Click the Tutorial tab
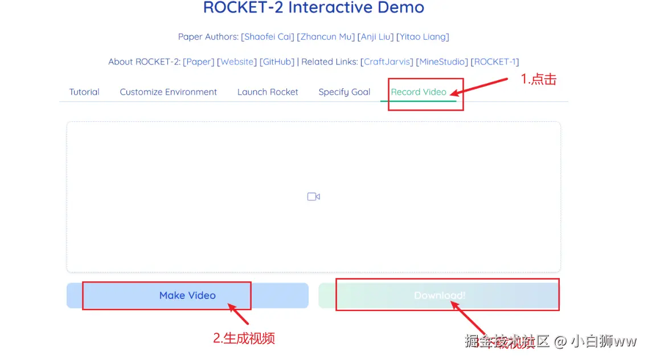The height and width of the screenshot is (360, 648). pyautogui.click(x=84, y=92)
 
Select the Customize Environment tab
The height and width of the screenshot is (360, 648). pyautogui.click(x=168, y=92)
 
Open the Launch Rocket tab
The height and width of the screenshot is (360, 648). pyautogui.click(x=268, y=92)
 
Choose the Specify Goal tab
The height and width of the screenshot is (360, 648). pyautogui.click(x=344, y=92)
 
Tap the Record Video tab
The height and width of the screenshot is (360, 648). pyautogui.click(x=419, y=92)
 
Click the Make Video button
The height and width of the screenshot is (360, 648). pyautogui.click(x=187, y=296)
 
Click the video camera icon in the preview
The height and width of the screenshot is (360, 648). pyautogui.click(x=313, y=197)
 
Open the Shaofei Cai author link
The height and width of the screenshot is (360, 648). pyautogui.click(x=268, y=37)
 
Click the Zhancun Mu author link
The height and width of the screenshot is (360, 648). pyautogui.click(x=326, y=37)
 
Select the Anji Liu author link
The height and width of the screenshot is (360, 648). pyautogui.click(x=375, y=37)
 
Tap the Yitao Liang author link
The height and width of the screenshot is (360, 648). pyautogui.click(x=423, y=37)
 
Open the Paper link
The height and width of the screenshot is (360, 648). pyautogui.click(x=199, y=62)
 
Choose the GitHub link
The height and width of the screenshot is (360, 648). pyautogui.click(x=277, y=62)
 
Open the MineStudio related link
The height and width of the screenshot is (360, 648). pyautogui.click(x=442, y=62)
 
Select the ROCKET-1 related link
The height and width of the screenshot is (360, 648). pyautogui.click(x=495, y=62)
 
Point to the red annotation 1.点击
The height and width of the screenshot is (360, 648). pyautogui.click(x=539, y=80)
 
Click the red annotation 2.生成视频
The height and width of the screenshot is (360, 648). pyautogui.click(x=244, y=338)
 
